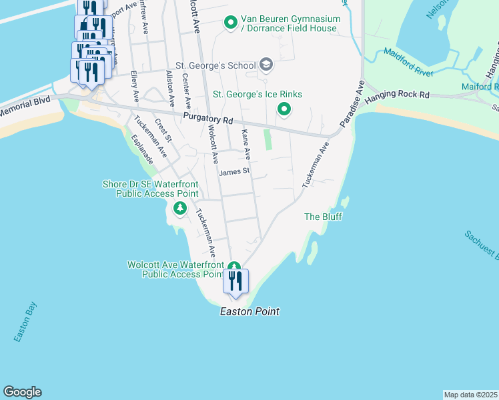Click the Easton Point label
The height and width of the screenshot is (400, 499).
coord(249,311)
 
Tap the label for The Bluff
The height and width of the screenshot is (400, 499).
coord(323,217)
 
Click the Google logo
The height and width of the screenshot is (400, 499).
coord(22,392)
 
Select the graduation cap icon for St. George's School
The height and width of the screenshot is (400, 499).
coord(266,65)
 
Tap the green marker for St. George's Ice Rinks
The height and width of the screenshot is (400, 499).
coord(284,109)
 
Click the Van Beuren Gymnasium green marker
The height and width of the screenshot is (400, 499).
coord(230,23)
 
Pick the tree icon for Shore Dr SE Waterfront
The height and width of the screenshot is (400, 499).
coord(179,209)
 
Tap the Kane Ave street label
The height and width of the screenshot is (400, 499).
coord(245,144)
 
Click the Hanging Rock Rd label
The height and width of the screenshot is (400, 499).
coord(406,95)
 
